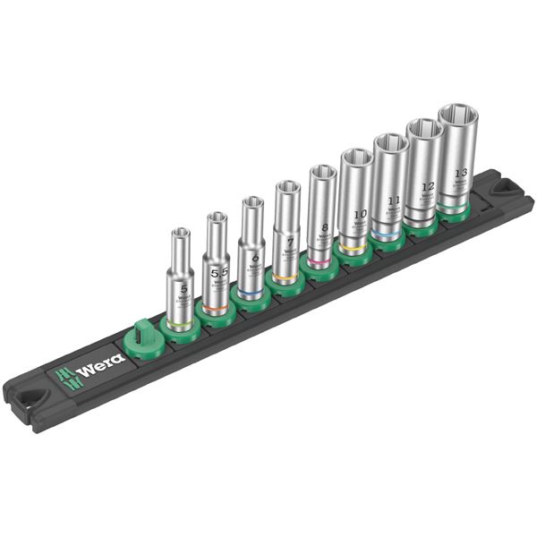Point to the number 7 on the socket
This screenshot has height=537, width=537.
pyautogui.click(x=288, y=243)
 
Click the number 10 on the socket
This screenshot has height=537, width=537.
pyautogui.click(x=358, y=215)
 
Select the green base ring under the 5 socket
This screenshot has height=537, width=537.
pyautogui.click(x=181, y=320)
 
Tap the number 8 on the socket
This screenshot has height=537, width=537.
pyautogui.click(x=323, y=227)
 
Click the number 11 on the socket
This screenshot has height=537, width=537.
pyautogui.click(x=391, y=201)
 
